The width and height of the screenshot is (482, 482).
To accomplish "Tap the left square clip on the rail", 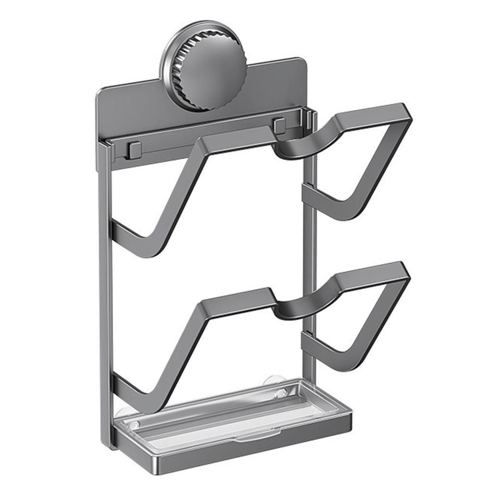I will [x=134, y=149].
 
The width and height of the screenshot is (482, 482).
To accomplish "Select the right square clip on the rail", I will [x=280, y=126].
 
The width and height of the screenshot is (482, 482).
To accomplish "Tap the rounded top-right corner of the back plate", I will [x=303, y=63].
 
